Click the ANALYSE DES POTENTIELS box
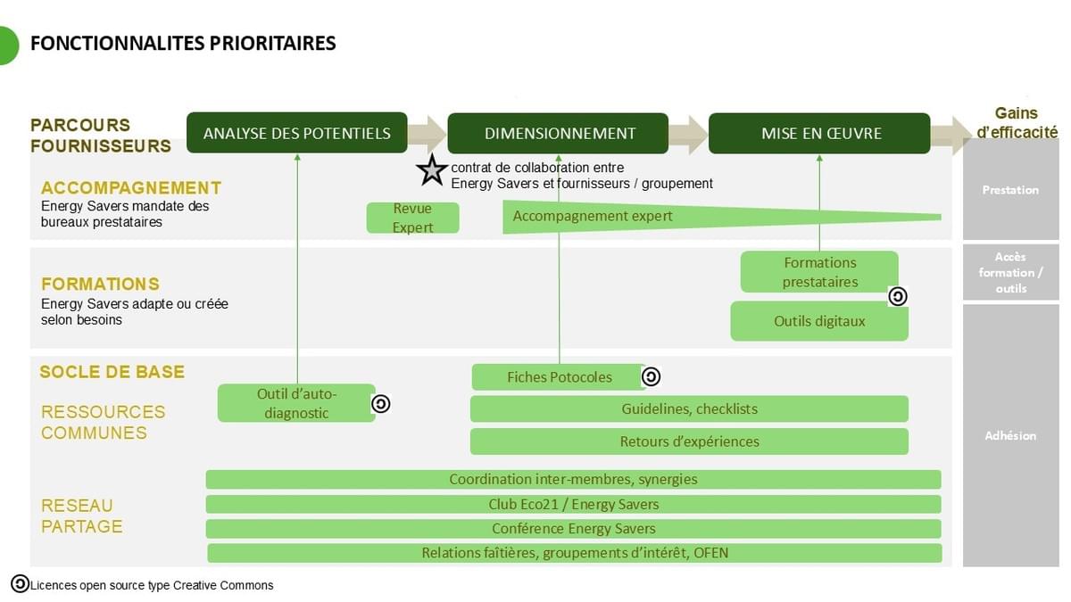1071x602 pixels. tap(296, 133)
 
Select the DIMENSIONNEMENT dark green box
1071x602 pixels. tap(559, 133)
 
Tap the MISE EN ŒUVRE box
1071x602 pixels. tap(820, 133)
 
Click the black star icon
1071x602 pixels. tap(432, 170)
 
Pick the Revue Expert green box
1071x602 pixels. tap(412, 218)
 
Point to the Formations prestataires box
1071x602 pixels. tap(819, 272)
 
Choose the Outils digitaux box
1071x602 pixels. tap(819, 321)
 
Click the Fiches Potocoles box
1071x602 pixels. tap(559, 377)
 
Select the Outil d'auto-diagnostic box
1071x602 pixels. tap(296, 403)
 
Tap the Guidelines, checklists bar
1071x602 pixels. tap(689, 408)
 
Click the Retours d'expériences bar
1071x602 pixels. tap(689, 441)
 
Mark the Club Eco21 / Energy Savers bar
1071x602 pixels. tap(573, 504)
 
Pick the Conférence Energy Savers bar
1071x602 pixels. tap(573, 529)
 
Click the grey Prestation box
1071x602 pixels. tap(1010, 190)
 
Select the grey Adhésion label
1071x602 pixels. tap(1010, 436)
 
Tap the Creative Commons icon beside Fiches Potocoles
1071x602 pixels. tap(651, 377)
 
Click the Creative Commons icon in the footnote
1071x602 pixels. tap(20, 584)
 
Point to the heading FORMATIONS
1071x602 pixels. tap(100, 285)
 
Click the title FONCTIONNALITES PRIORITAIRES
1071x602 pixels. tap(183, 43)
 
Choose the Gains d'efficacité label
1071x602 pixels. tap(1017, 123)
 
